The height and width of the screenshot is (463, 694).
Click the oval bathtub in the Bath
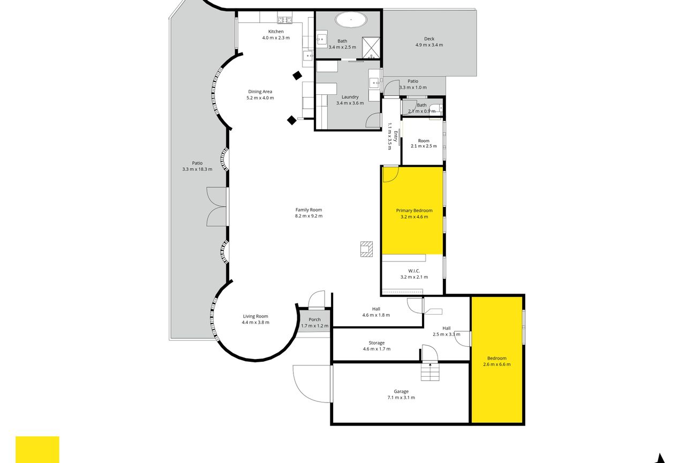(x=351, y=19)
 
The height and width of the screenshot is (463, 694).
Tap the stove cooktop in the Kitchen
(x=285, y=20)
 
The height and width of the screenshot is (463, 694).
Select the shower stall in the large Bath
(x=371, y=48)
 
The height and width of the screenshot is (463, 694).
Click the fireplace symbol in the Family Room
(x=366, y=249)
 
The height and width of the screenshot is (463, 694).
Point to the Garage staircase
(x=430, y=372)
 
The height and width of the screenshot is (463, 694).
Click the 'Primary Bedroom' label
(x=414, y=211)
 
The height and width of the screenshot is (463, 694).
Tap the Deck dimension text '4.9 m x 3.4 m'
(x=429, y=45)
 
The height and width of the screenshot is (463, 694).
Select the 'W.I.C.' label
(x=414, y=271)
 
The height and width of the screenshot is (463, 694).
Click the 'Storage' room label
(x=377, y=343)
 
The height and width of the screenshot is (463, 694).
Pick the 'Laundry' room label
(x=350, y=97)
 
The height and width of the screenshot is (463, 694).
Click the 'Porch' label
(x=314, y=319)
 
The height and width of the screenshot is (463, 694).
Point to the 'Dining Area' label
(x=260, y=92)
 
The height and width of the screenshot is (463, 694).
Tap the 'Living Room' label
(x=255, y=316)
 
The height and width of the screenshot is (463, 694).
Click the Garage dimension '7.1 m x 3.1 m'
(x=401, y=398)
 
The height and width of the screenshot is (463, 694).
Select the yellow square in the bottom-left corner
(x=37, y=450)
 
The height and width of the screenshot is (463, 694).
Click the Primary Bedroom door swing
(x=391, y=174)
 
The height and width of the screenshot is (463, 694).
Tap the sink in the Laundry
(x=374, y=83)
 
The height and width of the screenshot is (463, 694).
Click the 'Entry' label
(x=395, y=136)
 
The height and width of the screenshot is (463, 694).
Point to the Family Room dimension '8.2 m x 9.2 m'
(x=308, y=216)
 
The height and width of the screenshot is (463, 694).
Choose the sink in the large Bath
(x=322, y=39)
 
